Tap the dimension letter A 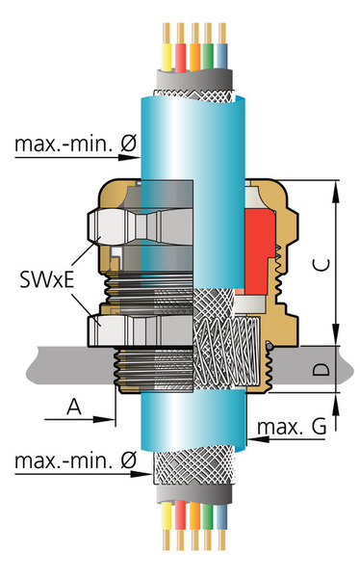click(x=72, y=407)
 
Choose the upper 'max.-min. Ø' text click(x=75, y=146)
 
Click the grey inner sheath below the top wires click(x=197, y=77)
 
